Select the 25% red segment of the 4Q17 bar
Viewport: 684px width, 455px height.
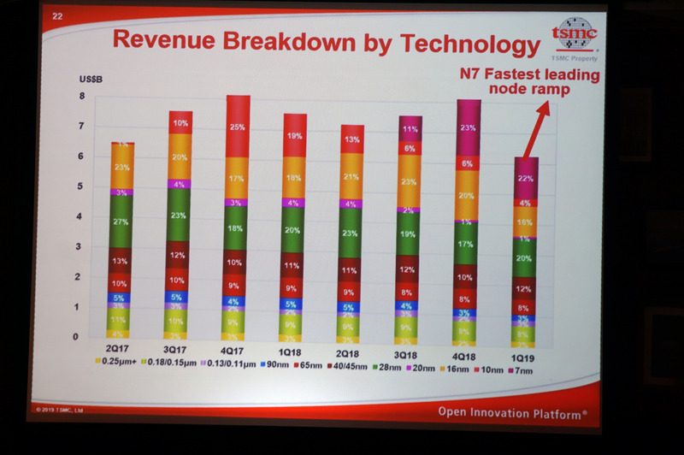(238, 127)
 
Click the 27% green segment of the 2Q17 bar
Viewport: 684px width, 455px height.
(121, 222)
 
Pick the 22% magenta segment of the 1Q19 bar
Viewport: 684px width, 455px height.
(526, 178)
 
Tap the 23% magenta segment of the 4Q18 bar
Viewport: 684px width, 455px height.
(468, 128)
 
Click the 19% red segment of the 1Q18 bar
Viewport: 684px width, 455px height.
(295, 135)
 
